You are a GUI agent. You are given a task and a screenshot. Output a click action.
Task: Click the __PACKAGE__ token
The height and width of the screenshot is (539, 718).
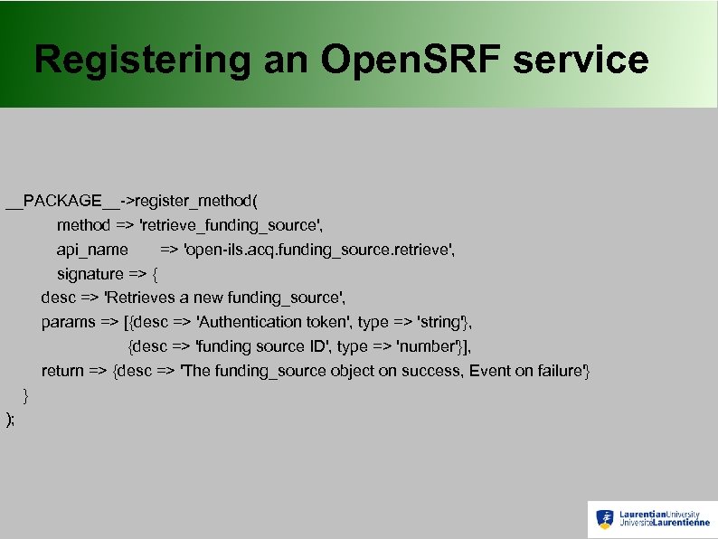(x=61, y=200)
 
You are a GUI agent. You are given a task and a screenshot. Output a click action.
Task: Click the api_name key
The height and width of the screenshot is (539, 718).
(x=92, y=249)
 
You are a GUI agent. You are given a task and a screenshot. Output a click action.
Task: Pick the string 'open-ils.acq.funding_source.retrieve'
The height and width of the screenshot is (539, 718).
(x=320, y=249)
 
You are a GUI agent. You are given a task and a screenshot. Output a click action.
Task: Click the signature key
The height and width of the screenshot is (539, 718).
(x=90, y=273)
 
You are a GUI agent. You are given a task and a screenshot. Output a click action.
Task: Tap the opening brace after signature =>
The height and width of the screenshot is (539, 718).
(x=155, y=273)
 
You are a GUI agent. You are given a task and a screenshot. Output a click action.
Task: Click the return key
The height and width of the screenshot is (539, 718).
(x=62, y=371)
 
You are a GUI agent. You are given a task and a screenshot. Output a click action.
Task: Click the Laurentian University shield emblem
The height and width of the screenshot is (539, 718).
(x=605, y=519)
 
